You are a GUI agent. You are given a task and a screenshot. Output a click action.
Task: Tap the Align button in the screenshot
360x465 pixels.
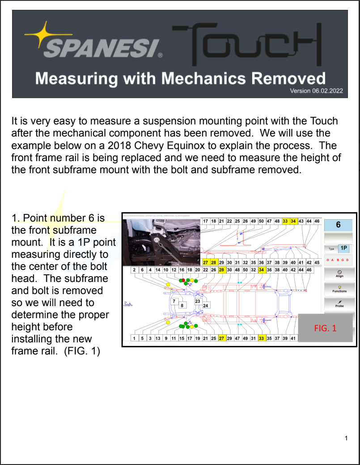coord(339,273)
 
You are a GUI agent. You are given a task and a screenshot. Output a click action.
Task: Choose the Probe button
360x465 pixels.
coord(339,303)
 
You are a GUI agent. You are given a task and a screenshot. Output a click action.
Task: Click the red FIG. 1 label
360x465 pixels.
coord(325,328)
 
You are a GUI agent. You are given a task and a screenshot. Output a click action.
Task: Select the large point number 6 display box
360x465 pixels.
coord(339,225)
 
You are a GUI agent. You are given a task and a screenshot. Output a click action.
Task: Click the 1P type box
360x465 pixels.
coord(343,248)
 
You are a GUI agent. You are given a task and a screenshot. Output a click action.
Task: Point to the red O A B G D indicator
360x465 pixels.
coord(339,260)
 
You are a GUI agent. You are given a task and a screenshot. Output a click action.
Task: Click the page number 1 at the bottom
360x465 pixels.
coord(346,438)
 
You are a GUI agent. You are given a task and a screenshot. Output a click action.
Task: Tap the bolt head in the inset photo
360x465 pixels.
coord(157,240)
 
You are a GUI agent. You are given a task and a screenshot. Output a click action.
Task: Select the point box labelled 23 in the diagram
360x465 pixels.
coord(198,301)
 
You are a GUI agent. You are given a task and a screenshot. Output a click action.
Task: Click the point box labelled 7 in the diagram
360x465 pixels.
coord(174,301)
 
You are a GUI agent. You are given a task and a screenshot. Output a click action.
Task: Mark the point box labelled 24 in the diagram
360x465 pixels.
coord(206,306)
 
